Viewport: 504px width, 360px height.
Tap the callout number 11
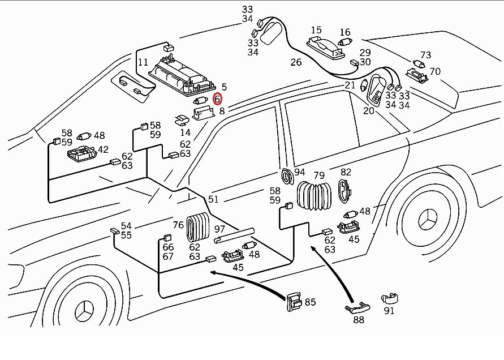click(143, 62)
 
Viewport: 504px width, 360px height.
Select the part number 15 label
click(316, 30)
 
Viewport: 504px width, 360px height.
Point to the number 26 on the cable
click(296, 62)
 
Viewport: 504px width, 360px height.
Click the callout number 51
click(213, 199)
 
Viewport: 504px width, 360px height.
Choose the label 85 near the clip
click(310, 302)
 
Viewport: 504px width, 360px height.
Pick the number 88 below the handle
click(359, 320)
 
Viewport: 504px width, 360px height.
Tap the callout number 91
click(389, 310)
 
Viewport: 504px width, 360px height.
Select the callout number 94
click(299, 172)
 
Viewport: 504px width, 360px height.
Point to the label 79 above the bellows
click(319, 175)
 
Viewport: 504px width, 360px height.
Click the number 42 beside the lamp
click(103, 150)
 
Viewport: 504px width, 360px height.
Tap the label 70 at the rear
click(434, 72)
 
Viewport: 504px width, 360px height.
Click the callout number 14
click(186, 132)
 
